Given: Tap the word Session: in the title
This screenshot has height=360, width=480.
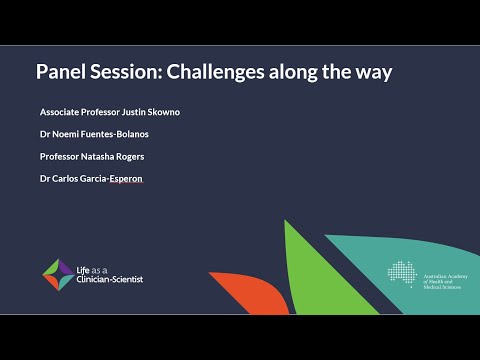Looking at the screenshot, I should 125,72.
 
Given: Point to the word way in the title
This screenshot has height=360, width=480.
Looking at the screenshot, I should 372,72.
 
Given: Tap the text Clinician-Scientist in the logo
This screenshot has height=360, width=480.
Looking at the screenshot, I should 109,279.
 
